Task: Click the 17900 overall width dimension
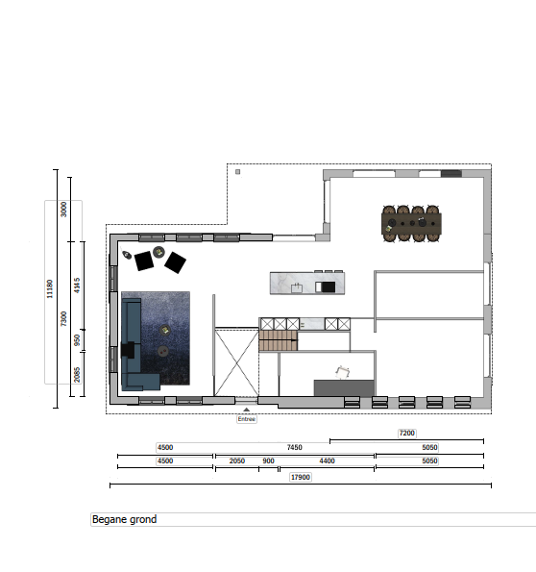coord(301,477)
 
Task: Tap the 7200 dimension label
coord(407,433)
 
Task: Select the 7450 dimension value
coord(295,447)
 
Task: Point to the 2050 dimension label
coord(237,460)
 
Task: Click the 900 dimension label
coord(268,460)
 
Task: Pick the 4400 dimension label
coord(327,460)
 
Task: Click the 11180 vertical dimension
coord(50,289)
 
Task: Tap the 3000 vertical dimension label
coord(63,209)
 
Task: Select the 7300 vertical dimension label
coord(63,318)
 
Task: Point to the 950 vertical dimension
coord(77,340)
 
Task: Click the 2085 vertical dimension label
coord(77,375)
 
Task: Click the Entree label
coord(247,419)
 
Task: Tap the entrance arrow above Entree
coord(247,410)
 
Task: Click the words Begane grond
coord(124,519)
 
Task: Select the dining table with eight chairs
coord(411,223)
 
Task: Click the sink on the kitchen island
coord(297,288)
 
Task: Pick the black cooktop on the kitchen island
coord(326,287)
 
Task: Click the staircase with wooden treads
coord(279,340)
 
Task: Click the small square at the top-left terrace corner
coord(237,172)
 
